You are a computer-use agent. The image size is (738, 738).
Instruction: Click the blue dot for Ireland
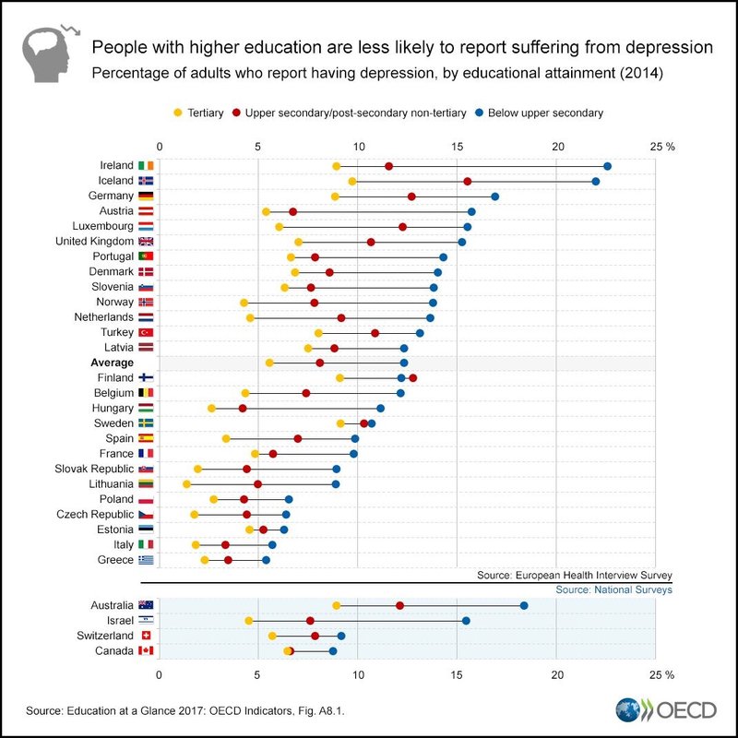[x=607, y=166]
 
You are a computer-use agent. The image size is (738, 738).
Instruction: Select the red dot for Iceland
[x=468, y=182]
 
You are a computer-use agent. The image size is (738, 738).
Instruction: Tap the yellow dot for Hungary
[x=211, y=408]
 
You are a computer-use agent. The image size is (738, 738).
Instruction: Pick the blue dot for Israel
[x=466, y=621]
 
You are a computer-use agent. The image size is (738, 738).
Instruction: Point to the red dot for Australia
[x=399, y=605]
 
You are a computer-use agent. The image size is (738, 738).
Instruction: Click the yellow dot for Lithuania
[x=186, y=483]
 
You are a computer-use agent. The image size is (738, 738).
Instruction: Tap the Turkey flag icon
[x=146, y=332]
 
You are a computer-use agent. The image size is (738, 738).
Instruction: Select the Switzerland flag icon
[x=146, y=636]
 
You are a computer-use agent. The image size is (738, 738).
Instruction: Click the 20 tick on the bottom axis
[x=557, y=673]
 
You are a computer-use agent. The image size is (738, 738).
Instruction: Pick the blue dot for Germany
[x=495, y=196]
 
